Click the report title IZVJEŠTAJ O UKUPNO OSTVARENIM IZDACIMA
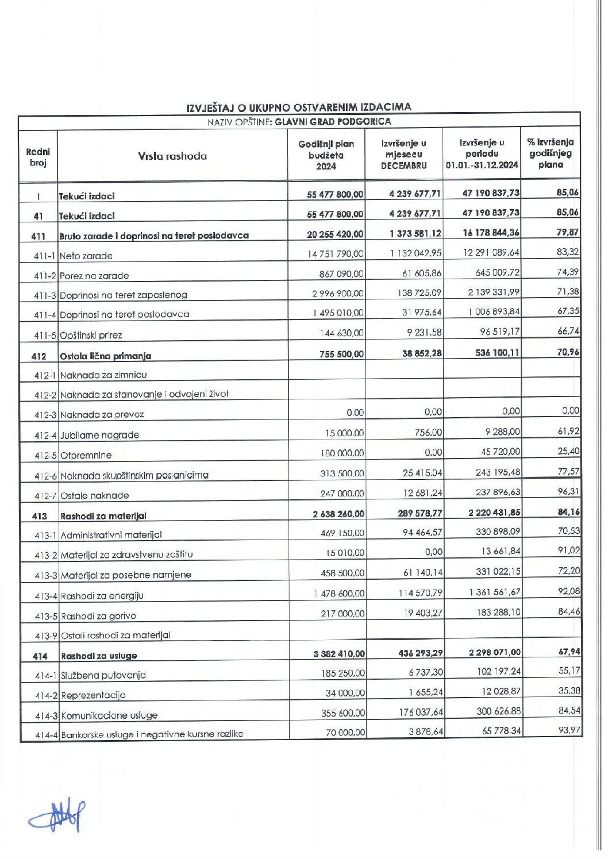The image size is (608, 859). [299, 107]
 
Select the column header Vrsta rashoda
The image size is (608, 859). [172, 156]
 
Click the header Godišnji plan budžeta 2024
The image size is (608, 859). [326, 155]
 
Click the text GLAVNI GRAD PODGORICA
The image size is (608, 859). [333, 122]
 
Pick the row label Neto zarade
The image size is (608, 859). [86, 256]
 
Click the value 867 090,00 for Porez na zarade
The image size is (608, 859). [341, 274]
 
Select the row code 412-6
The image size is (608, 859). [45, 476]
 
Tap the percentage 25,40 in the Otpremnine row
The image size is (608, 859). [568, 451]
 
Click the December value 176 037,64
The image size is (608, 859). [421, 712]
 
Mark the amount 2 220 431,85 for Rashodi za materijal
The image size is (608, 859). [490, 513]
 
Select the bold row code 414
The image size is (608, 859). [40, 656]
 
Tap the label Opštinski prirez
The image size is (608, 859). [91, 335]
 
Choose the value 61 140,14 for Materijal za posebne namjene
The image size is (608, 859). [421, 572]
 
